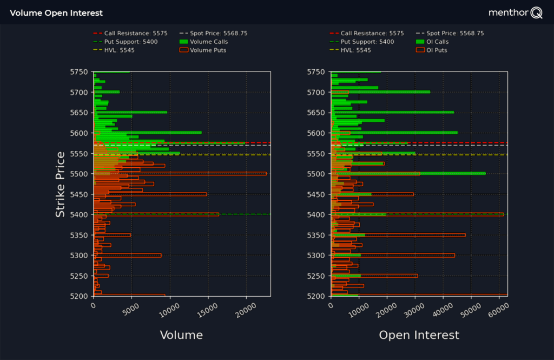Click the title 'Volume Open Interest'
click(56, 12)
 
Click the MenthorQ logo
click(515, 12)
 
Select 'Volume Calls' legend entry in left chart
click(208, 42)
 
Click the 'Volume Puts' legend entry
click(208, 50)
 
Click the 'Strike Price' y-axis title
click(61, 185)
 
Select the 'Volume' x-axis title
click(181, 335)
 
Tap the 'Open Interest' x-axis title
click(419, 335)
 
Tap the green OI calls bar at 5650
click(392, 112)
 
